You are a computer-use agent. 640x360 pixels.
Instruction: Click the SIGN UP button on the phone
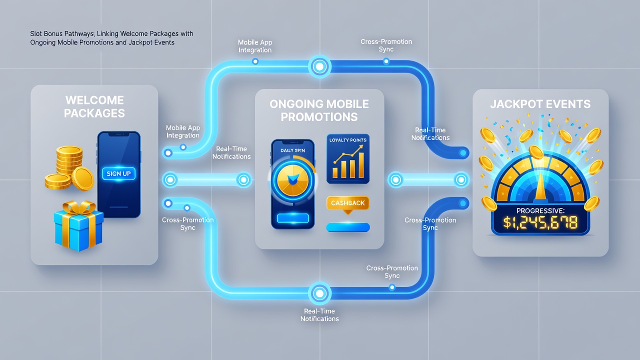pyautogui.click(x=118, y=173)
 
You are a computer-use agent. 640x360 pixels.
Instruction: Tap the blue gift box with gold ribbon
pyautogui.click(x=79, y=225)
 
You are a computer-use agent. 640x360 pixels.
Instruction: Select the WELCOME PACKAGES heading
pyautogui.click(x=94, y=106)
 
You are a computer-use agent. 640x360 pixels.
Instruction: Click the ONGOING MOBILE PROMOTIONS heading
pyautogui.click(x=319, y=110)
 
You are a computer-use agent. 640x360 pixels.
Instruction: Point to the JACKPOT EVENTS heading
pyautogui.click(x=540, y=104)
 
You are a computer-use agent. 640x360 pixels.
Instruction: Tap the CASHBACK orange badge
pyautogui.click(x=347, y=203)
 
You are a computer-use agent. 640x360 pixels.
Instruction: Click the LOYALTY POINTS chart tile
pyautogui.click(x=348, y=159)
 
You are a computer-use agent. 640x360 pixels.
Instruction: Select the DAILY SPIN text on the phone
pyautogui.click(x=292, y=150)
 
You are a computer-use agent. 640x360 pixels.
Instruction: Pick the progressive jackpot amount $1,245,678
pyautogui.click(x=540, y=222)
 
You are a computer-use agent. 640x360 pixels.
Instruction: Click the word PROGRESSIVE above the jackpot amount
pyautogui.click(x=540, y=211)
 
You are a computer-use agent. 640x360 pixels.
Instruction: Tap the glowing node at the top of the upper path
pyautogui.click(x=319, y=66)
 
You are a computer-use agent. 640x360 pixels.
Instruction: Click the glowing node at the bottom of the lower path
pyautogui.click(x=319, y=293)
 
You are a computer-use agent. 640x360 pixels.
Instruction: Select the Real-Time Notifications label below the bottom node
pyautogui.click(x=319, y=315)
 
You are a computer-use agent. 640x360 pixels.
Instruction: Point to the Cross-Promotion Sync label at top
pyautogui.click(x=386, y=45)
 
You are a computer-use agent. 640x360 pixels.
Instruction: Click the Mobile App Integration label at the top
pyautogui.click(x=255, y=46)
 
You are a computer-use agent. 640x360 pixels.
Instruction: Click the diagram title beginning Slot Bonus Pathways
pyautogui.click(x=111, y=38)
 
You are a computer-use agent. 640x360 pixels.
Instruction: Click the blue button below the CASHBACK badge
pyautogui.click(x=348, y=227)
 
